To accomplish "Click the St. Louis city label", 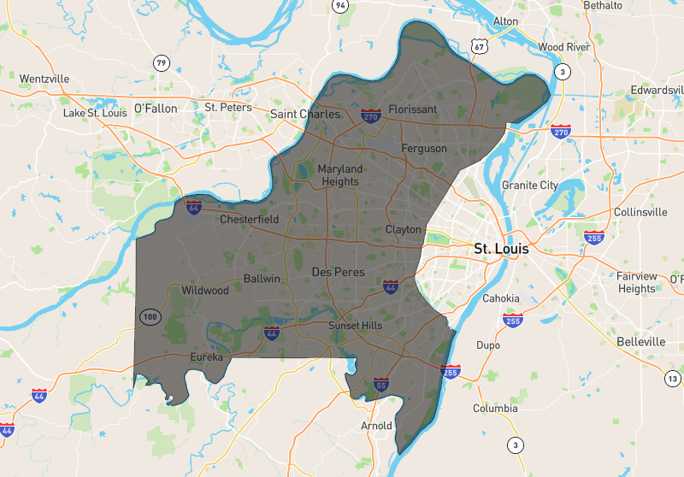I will [x=501, y=250].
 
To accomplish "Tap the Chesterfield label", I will [x=250, y=220].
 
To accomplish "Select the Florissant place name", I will [x=412, y=109].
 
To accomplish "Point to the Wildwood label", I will [x=205, y=291].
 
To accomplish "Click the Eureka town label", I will [x=206, y=356].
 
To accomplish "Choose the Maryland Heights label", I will [x=340, y=175].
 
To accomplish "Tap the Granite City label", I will [x=530, y=185].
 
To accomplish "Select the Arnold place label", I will [x=376, y=425].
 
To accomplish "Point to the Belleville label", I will [x=640, y=341].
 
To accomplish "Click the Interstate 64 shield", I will [x=194, y=206].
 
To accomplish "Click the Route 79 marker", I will [x=161, y=62].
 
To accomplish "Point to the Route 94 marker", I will [x=341, y=6].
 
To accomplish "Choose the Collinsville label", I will [x=640, y=212].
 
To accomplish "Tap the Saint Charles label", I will [x=305, y=114].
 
